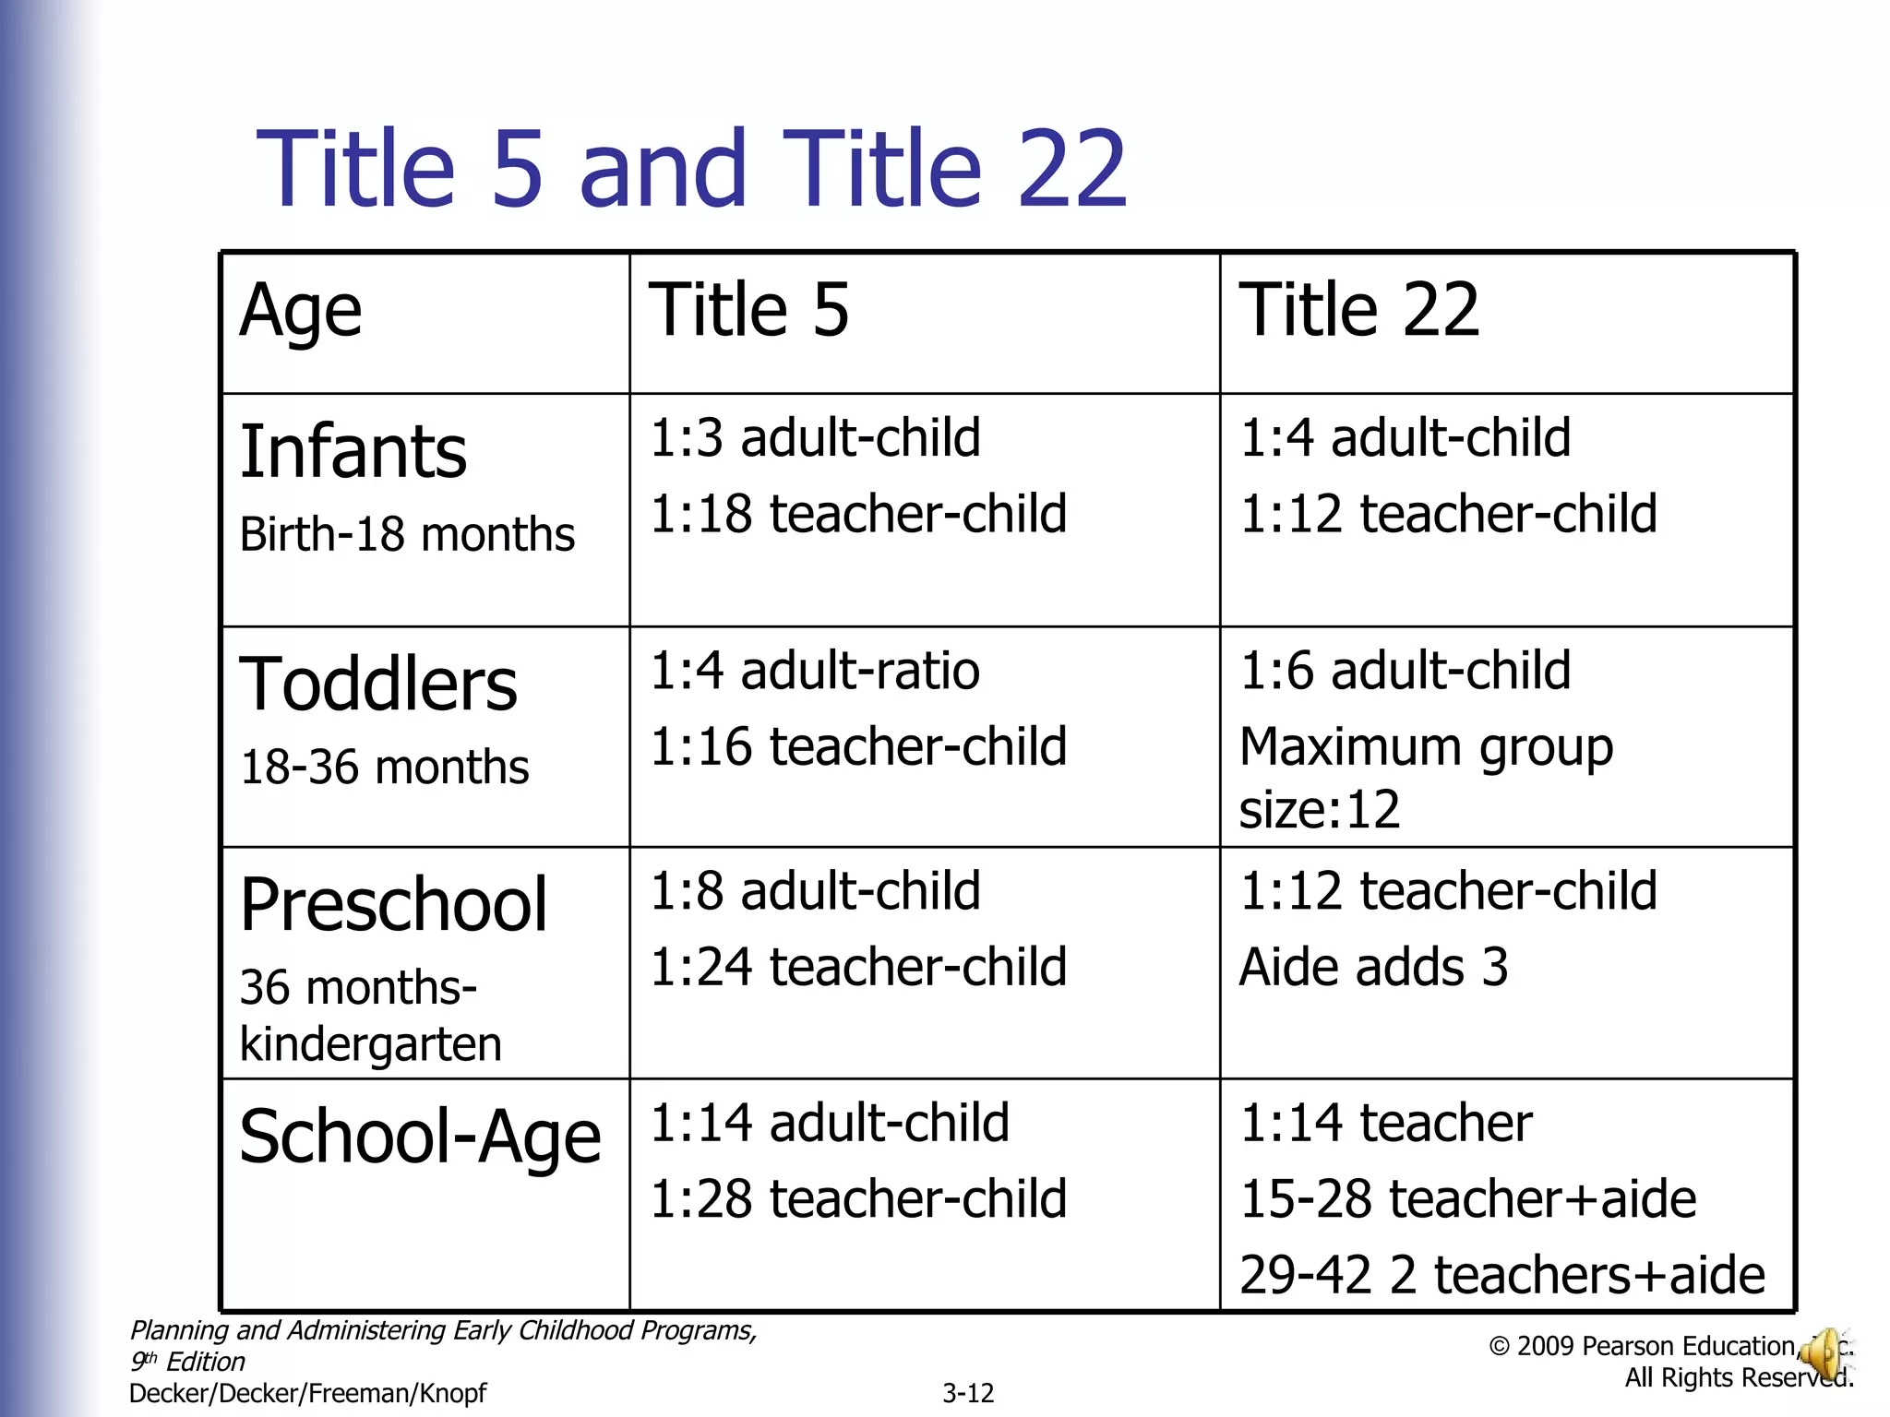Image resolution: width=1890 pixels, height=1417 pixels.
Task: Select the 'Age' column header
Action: coord(300,312)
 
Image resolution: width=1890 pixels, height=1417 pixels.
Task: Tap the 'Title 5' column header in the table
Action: coord(748,310)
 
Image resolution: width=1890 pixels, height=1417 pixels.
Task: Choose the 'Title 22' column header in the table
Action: coord(1358,310)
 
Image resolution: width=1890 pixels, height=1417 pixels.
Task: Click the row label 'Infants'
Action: coord(353,452)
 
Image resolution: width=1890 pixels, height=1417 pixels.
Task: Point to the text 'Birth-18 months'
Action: coord(407,535)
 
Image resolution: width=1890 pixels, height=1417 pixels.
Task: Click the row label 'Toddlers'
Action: coord(378,685)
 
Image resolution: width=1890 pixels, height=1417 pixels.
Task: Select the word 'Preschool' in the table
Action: coord(394,905)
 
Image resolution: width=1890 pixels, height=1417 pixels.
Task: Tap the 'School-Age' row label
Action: coord(420,1137)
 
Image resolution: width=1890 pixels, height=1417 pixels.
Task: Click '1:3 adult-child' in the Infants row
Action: coord(815,437)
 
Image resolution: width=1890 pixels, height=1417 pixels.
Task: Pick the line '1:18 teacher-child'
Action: coord(858,514)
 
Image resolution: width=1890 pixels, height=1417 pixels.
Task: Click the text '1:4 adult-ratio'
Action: coord(815,671)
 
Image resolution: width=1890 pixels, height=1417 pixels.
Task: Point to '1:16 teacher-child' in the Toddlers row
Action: coord(858,746)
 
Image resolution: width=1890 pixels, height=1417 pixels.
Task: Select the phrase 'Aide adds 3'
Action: coord(1373,968)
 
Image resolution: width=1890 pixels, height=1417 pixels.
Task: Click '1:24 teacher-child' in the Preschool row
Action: coord(858,968)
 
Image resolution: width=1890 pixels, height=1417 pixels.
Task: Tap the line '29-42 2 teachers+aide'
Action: coord(1501,1276)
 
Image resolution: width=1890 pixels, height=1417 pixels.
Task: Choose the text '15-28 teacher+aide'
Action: coord(1467,1199)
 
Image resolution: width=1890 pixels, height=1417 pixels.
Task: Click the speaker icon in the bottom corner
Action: coord(1823,1354)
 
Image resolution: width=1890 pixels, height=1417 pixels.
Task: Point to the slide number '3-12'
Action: coord(968,1393)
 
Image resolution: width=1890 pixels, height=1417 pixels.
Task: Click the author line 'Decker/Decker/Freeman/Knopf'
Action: coord(307,1393)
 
